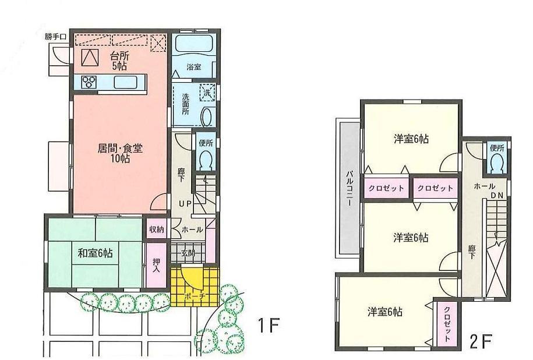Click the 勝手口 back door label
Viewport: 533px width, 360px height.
[57, 37]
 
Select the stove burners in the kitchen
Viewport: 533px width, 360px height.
[89, 82]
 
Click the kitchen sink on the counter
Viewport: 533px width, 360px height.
[125, 82]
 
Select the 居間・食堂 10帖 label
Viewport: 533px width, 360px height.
[120, 153]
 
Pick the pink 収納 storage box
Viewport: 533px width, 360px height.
[156, 229]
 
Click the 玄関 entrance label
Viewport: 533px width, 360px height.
[188, 253]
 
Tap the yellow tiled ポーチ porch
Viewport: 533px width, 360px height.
[195, 285]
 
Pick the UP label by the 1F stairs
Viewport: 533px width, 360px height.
[185, 203]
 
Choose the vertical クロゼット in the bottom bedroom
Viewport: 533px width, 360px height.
[446, 323]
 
